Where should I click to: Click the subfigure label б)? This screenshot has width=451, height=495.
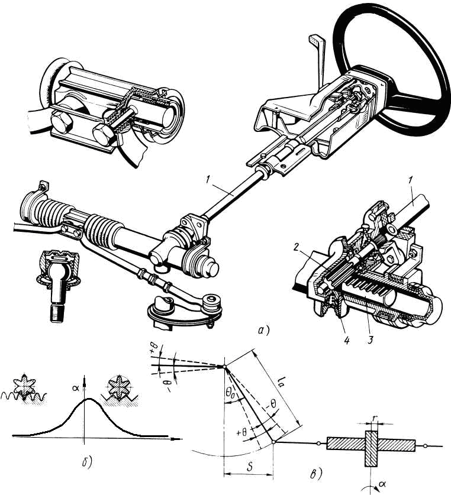coord(86,462)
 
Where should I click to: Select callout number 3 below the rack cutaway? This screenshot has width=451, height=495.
coord(370,341)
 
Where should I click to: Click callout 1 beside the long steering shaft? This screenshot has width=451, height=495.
coord(208,180)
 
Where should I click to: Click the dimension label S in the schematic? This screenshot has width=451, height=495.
coord(249,467)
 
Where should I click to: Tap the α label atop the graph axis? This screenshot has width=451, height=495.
coord(76,388)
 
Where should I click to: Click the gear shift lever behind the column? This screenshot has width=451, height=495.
coord(318,63)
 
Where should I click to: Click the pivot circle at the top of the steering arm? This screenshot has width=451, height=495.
coord(224,367)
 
